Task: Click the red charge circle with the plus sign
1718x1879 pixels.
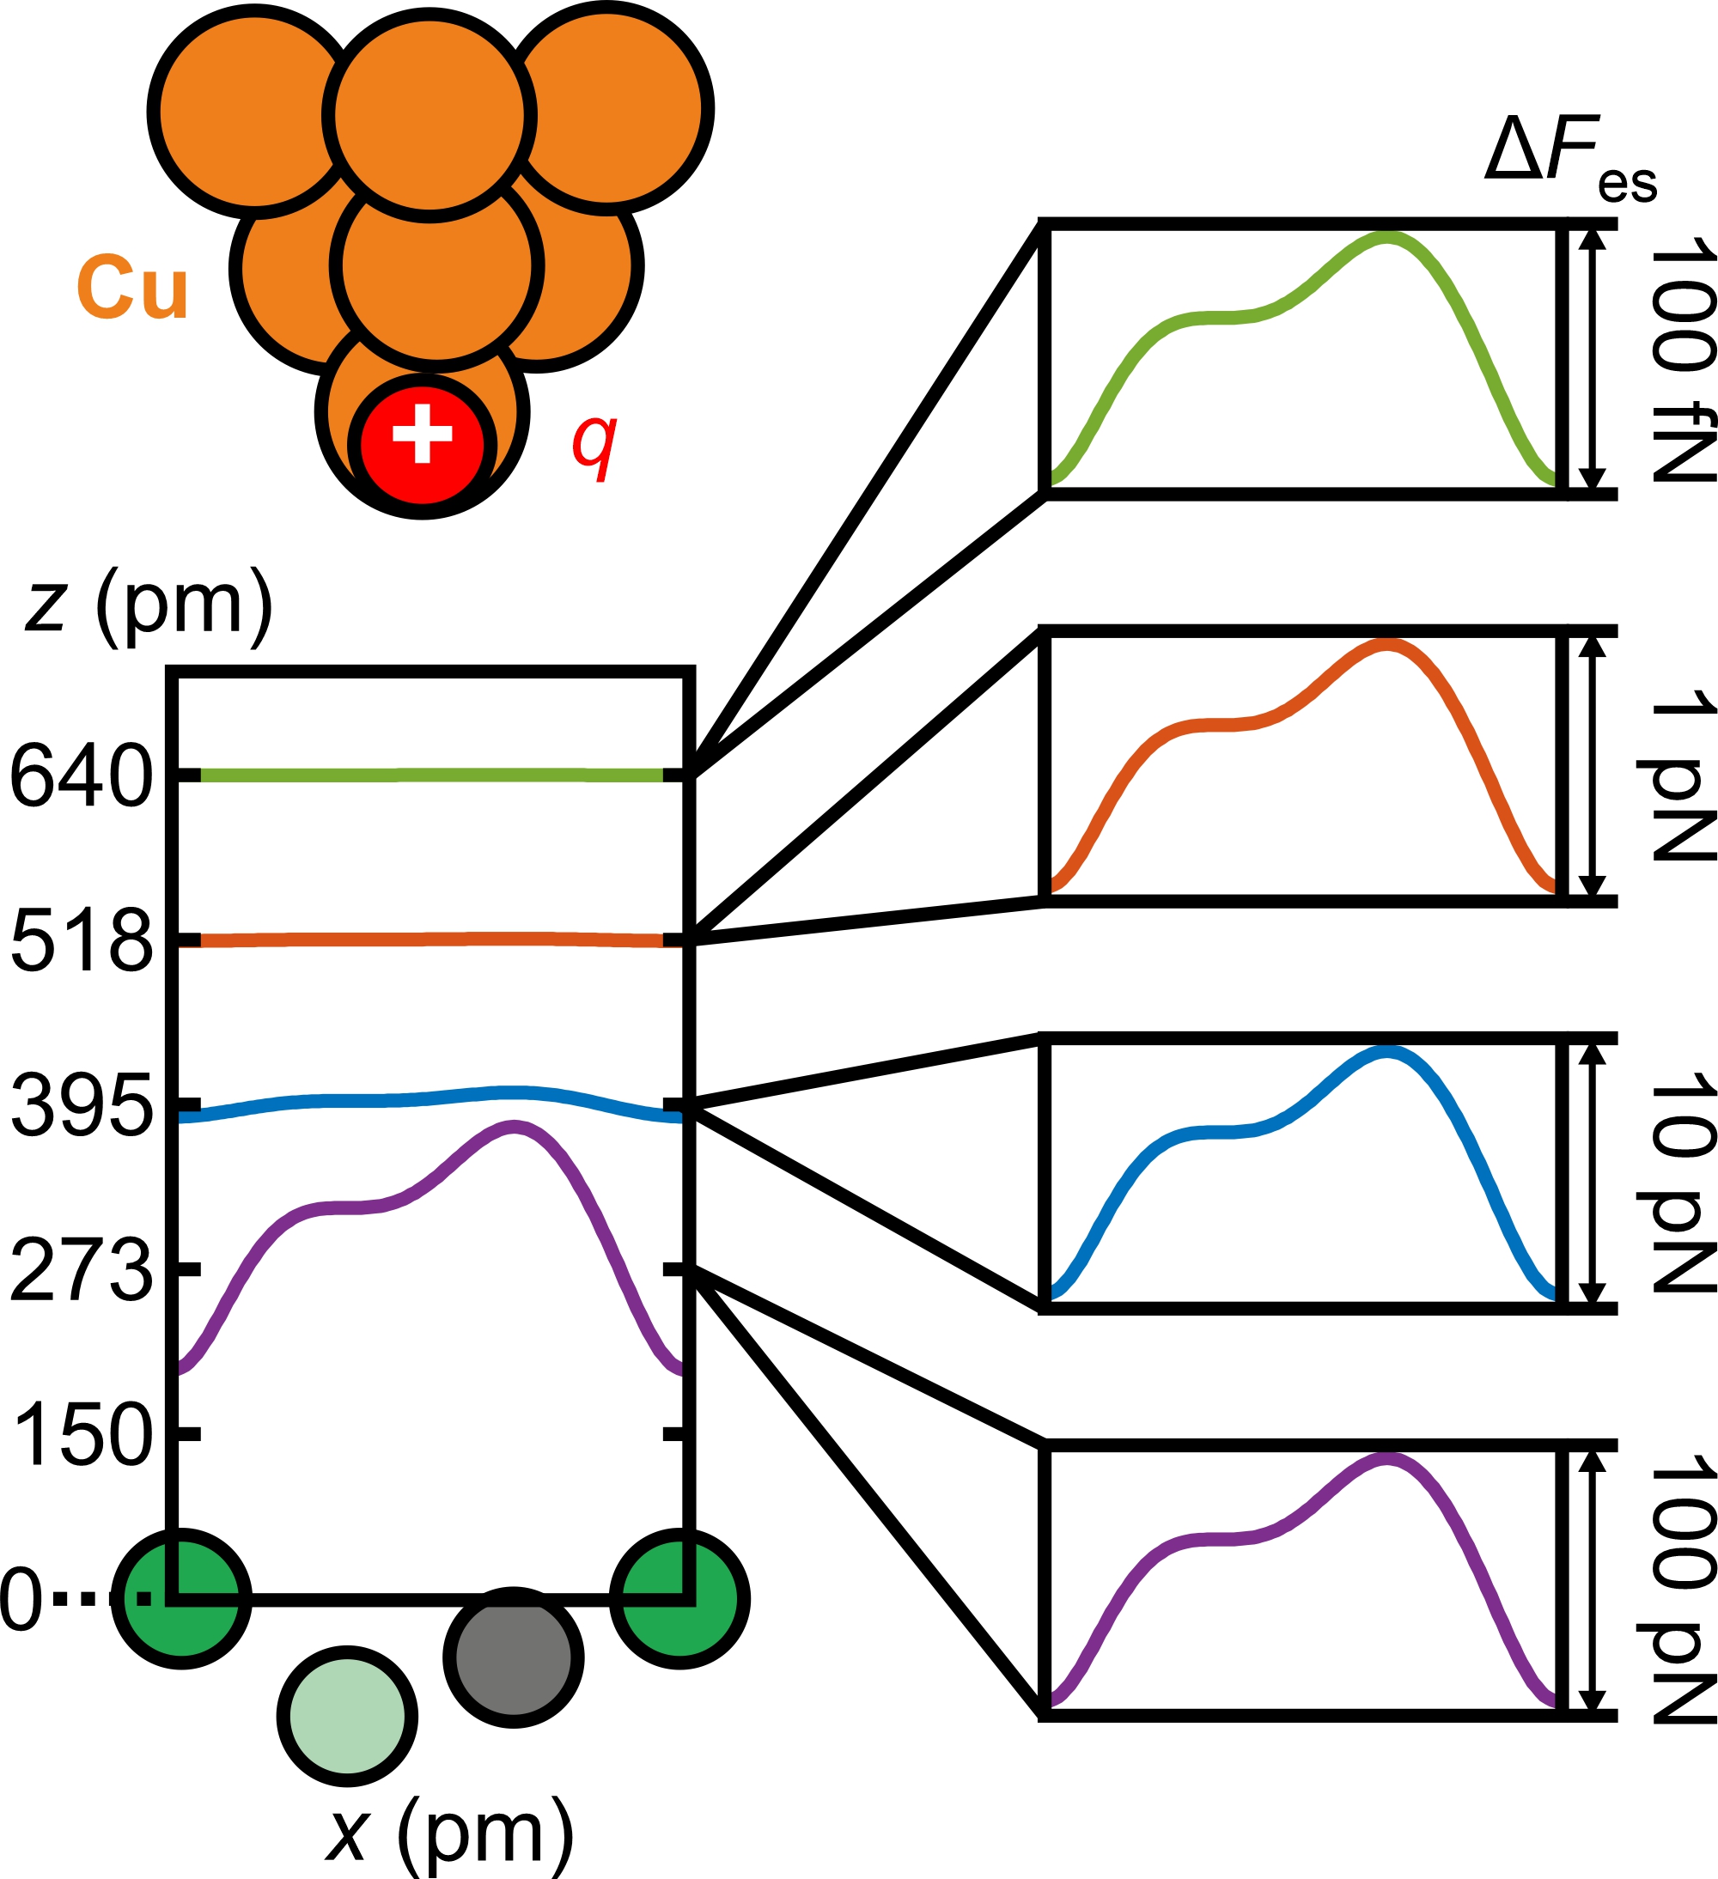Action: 422,445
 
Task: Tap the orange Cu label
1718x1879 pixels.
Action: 133,287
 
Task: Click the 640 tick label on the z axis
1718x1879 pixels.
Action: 81,775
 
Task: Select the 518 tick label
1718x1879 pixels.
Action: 81,940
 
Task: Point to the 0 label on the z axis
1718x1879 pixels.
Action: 21,1599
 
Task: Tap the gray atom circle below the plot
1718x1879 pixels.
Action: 514,1658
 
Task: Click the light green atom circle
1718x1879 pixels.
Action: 347,1716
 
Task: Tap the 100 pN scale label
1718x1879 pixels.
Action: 1683,1589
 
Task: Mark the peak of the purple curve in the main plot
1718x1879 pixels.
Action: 514,1128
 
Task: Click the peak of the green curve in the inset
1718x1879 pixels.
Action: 1386,239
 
